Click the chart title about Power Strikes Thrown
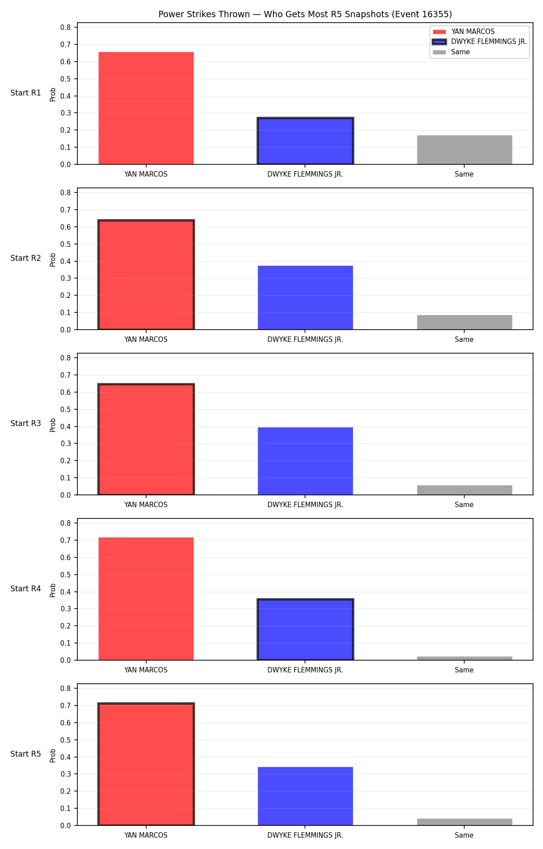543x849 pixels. pyautogui.click(x=305, y=14)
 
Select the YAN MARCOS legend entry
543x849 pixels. pyautogui.click(x=464, y=32)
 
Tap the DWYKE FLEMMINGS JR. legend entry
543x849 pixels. pyautogui.click(x=480, y=42)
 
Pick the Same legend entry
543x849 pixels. pyautogui.click(x=451, y=52)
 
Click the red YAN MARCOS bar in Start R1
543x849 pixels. pyautogui.click(x=146, y=108)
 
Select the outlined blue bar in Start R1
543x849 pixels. pyautogui.click(x=305, y=141)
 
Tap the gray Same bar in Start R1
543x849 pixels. pyautogui.click(x=465, y=150)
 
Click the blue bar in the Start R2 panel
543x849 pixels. pyautogui.click(x=305, y=297)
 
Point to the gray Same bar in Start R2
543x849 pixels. pyautogui.click(x=465, y=322)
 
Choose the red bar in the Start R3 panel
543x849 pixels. pyautogui.click(x=146, y=439)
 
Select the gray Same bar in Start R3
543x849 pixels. pyautogui.click(x=465, y=490)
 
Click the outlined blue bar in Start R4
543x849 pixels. pyautogui.click(x=305, y=629)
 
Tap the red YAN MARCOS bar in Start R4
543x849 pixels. pyautogui.click(x=146, y=599)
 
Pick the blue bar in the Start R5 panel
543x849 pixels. pyautogui.click(x=305, y=796)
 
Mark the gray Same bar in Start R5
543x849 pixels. pyautogui.click(x=465, y=822)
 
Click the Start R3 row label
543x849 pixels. pyautogui.click(x=26, y=423)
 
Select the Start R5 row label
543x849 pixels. pyautogui.click(x=26, y=754)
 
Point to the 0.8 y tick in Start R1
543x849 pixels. pyautogui.click(x=66, y=27)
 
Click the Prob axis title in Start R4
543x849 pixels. pyautogui.click(x=53, y=590)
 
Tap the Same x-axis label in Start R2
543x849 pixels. pyautogui.click(x=464, y=340)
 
